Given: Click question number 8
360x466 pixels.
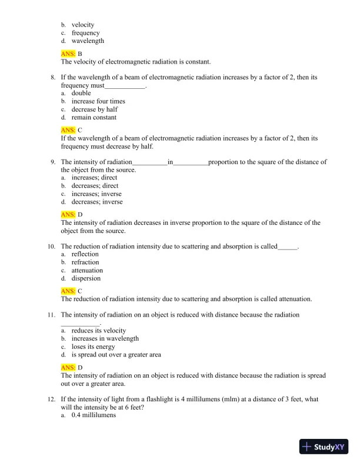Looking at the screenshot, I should click(53, 77).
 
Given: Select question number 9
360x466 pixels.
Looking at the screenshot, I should click(53, 162).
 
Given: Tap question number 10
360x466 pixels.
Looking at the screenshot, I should click(52, 247).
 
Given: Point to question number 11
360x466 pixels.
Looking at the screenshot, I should click(52, 315).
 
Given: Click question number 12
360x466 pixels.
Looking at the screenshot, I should click(52, 399).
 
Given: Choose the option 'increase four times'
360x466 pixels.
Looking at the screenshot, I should click(98, 101).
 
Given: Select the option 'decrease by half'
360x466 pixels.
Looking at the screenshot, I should click(95, 109).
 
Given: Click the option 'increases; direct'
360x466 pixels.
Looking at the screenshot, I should click(94, 178).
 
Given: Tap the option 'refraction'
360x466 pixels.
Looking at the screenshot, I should click(85, 262).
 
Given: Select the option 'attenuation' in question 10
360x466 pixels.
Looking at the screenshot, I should click(87, 271).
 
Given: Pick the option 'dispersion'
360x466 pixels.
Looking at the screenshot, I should click(86, 279).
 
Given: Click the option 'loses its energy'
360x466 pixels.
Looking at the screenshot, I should click(93, 347).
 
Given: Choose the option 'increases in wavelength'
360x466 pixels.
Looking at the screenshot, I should click(105, 339).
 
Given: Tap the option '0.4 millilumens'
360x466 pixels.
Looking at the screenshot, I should click(94, 415).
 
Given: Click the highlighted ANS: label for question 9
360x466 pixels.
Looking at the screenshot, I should click(68, 215).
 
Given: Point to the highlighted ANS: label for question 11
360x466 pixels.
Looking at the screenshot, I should click(68, 368).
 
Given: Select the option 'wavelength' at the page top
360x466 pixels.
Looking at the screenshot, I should click(88, 41).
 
